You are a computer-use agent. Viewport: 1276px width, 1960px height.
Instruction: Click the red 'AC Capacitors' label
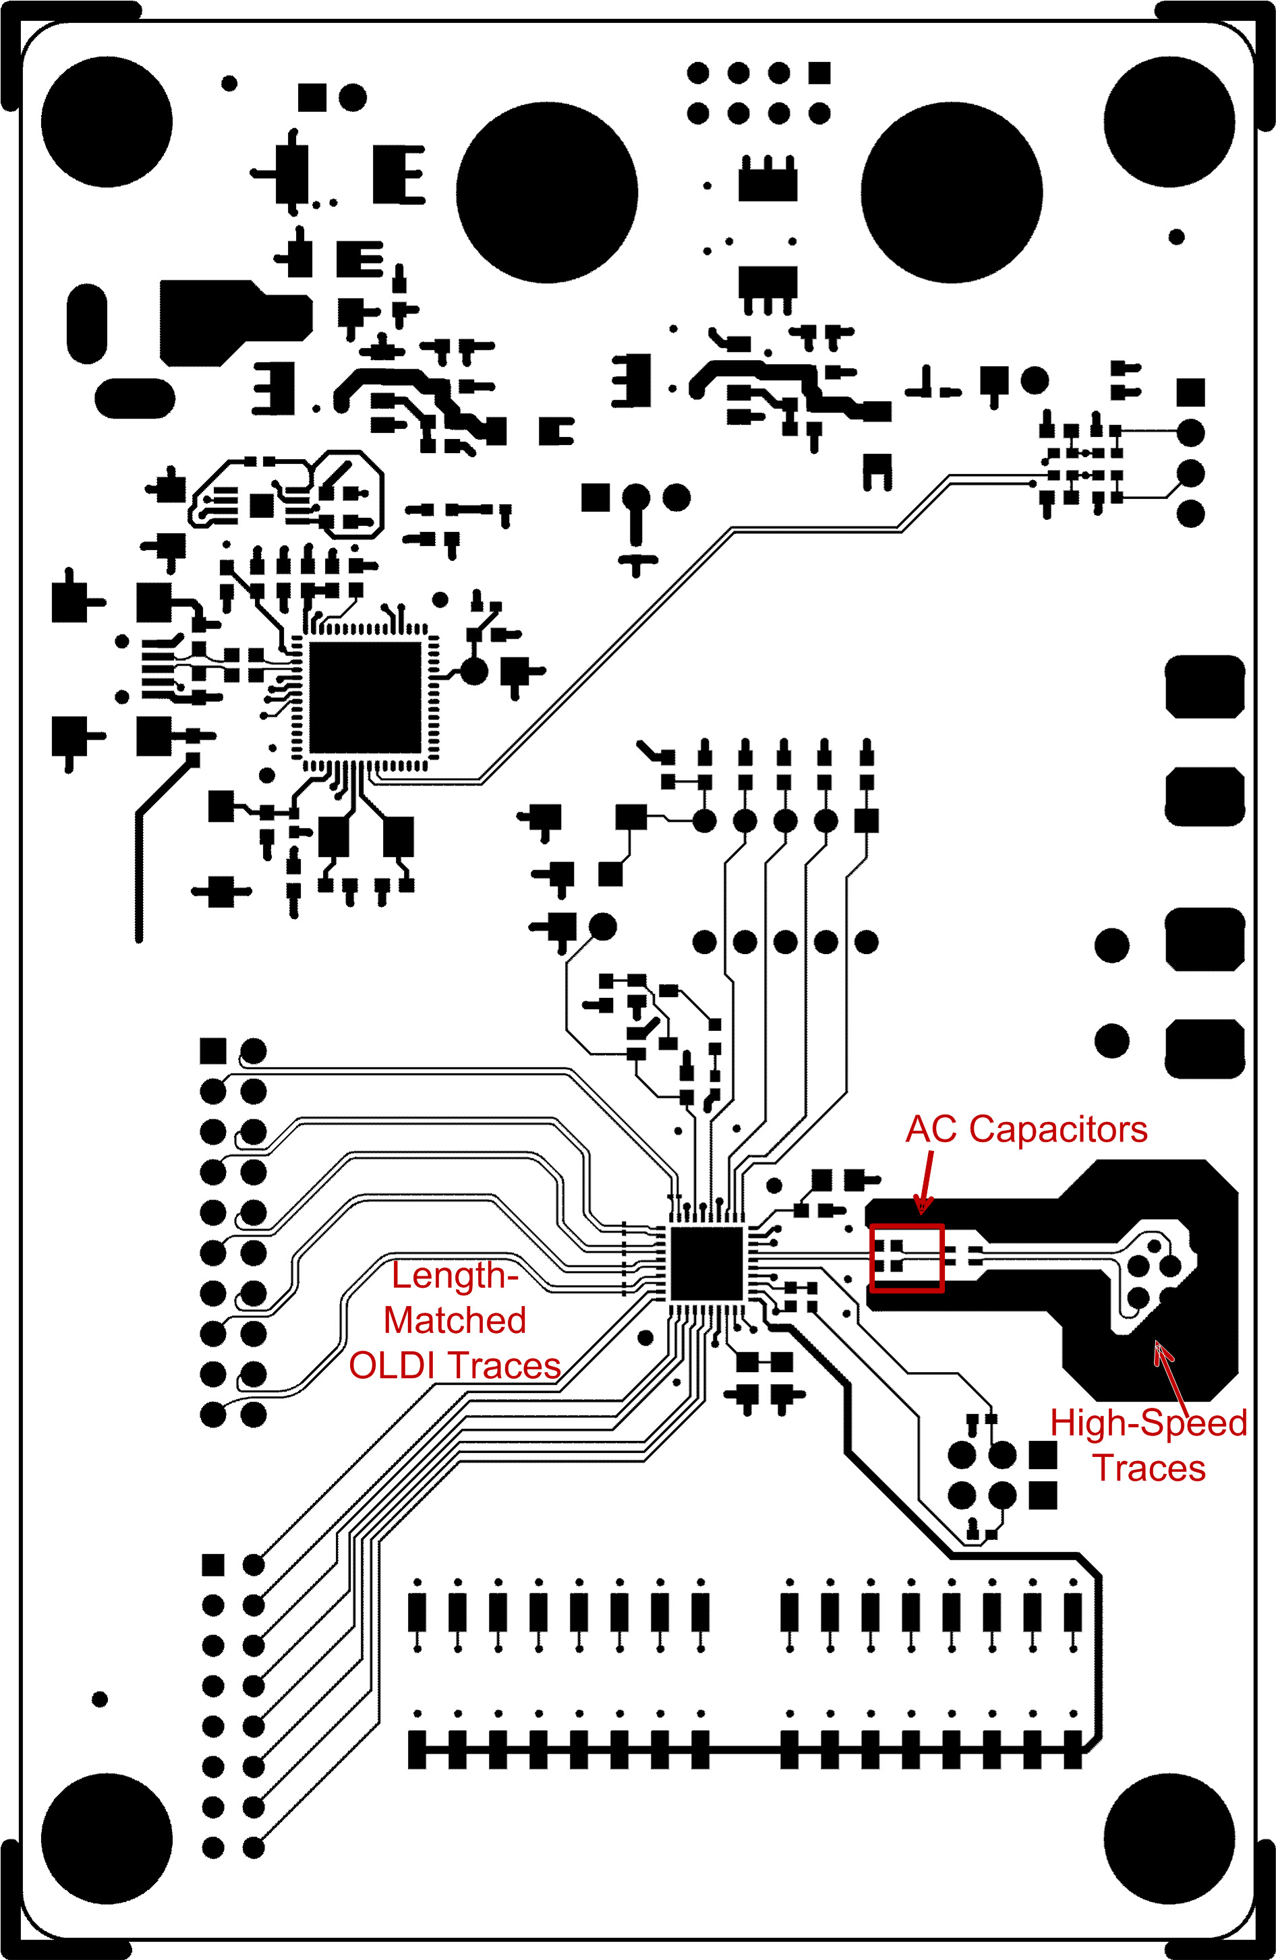1026,1129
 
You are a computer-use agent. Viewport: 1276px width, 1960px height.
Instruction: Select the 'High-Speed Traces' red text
1149,1446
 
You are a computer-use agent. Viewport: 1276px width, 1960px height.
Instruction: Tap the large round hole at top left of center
546,193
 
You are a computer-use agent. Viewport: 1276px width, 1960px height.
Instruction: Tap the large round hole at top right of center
952,193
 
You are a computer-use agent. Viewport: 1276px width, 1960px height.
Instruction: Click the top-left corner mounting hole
107,122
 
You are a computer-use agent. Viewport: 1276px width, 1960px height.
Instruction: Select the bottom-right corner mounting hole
1169,1839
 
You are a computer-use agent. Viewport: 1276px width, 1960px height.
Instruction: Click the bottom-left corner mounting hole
107,1839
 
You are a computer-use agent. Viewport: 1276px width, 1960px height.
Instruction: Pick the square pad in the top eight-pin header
819,73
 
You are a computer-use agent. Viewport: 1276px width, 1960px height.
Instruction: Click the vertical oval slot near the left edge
86,324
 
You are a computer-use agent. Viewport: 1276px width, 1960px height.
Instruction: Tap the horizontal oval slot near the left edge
135,398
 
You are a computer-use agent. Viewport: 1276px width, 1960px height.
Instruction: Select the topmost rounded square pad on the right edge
1205,686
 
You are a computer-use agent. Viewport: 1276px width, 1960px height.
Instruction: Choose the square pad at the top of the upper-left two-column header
212,1051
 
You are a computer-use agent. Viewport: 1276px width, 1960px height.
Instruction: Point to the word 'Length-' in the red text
455,1276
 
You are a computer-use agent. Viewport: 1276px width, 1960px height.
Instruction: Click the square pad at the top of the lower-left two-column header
212,1565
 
